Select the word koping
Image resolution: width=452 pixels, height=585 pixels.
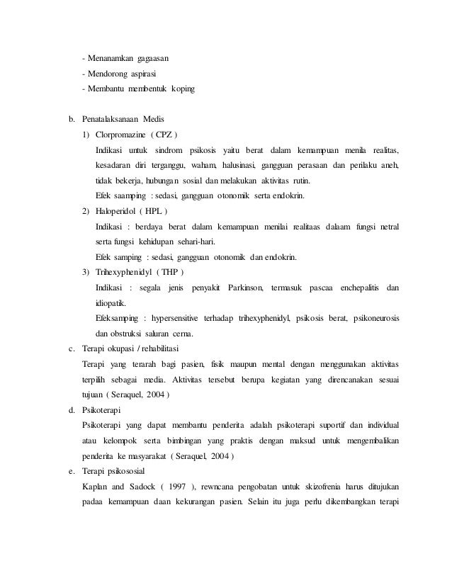[179, 90]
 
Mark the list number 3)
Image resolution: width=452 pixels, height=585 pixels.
[86, 272]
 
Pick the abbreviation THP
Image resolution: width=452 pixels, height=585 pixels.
[171, 272]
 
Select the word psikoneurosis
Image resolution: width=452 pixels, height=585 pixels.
[375, 318]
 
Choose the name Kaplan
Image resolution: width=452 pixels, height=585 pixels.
[96, 470]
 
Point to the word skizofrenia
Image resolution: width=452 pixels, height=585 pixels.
[329, 470]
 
